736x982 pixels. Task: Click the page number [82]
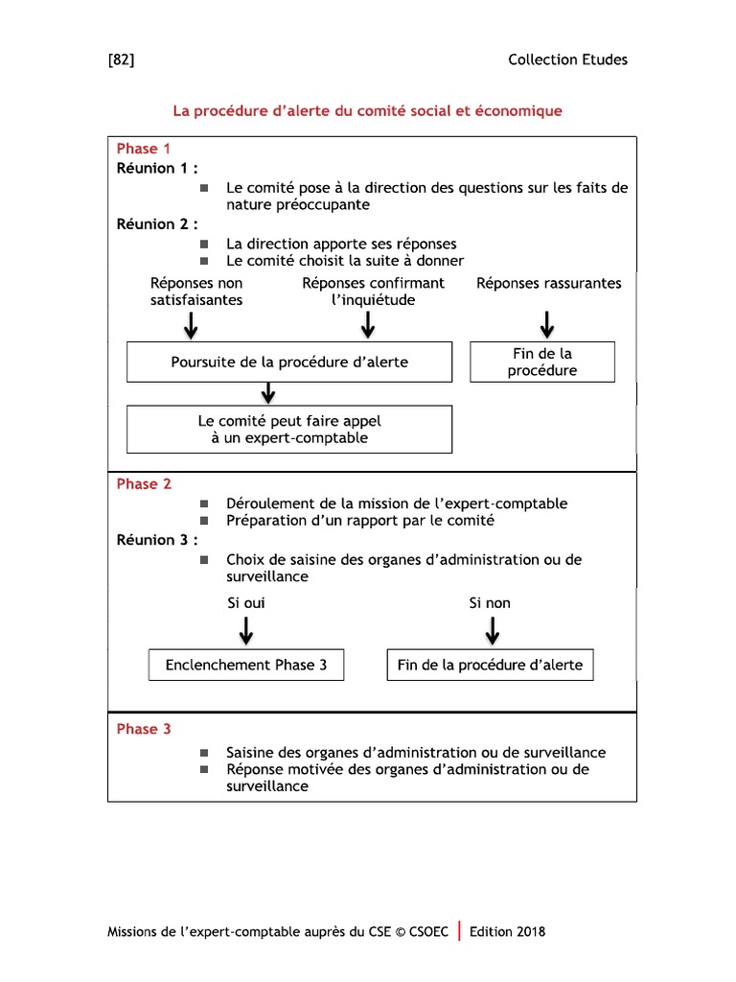point(121,59)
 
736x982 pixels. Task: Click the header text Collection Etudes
point(567,59)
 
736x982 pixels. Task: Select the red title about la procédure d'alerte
point(367,111)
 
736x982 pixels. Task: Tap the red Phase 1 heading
point(144,149)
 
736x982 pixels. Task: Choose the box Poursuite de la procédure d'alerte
point(289,362)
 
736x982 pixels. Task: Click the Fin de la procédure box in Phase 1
point(542,362)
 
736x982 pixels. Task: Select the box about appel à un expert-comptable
point(289,430)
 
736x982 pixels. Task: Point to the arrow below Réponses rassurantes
point(547,324)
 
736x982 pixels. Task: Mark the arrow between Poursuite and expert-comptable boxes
point(268,392)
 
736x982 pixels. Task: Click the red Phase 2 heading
point(144,484)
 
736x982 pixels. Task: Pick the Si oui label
point(245,603)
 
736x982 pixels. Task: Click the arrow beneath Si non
point(493,629)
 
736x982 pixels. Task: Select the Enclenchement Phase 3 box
point(245,665)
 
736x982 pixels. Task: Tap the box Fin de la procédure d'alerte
point(490,665)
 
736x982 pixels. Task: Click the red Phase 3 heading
point(144,729)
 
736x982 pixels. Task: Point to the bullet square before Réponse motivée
point(204,770)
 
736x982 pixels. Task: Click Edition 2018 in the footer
point(508,931)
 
